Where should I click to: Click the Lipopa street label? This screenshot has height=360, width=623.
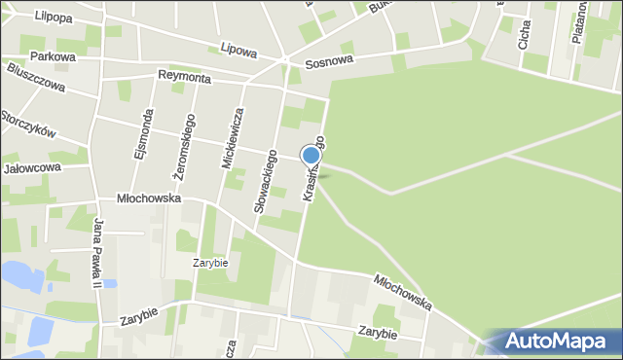pos(27,17)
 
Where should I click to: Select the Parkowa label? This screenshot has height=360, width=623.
pos(53,57)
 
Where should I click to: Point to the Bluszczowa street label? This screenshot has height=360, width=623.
pos(35,78)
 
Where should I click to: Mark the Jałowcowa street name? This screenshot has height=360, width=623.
pos(32,167)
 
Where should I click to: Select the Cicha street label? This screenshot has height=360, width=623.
pos(525,38)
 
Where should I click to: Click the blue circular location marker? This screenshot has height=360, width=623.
pos(311,156)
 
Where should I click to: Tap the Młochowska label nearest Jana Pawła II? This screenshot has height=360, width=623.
pos(149,197)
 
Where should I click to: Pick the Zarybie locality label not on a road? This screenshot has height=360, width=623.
pos(209,263)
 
